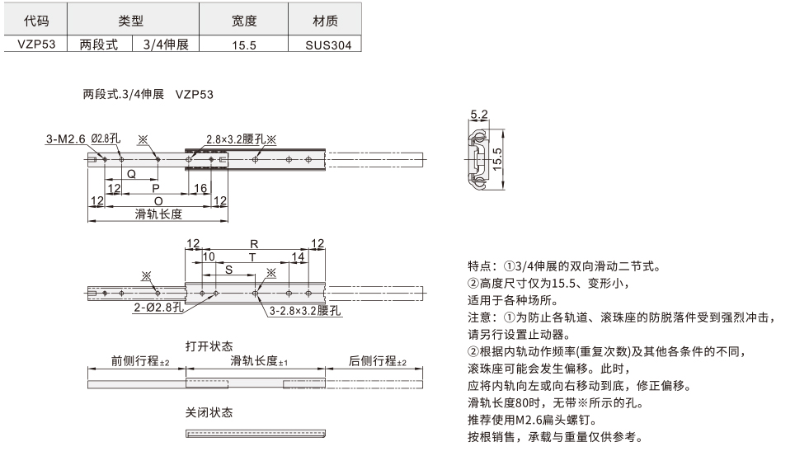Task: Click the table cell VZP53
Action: coord(35,46)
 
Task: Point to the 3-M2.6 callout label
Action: coord(66,139)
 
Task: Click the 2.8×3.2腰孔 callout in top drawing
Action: coord(235,140)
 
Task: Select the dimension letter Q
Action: coord(131,174)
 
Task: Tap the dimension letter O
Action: coord(158,200)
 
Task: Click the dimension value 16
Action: coord(200,189)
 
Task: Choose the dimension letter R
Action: coord(254,244)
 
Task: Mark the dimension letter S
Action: coord(228,270)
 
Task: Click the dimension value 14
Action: coord(299,257)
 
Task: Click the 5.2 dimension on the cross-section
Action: coord(478,115)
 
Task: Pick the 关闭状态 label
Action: coord(209,411)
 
